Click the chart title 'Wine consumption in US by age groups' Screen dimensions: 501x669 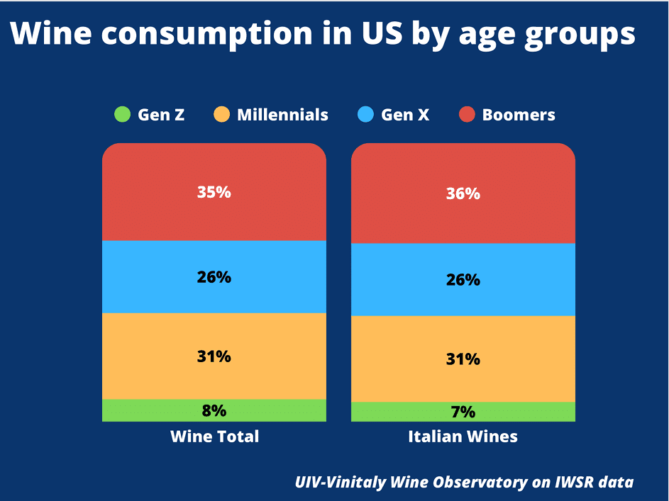[323, 35]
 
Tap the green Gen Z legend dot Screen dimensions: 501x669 [123, 115]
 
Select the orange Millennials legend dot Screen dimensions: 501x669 [222, 115]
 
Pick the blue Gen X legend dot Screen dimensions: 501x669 [366, 115]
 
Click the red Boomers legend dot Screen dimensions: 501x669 [467, 115]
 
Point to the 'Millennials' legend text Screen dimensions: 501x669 [282, 115]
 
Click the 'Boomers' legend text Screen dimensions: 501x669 [519, 115]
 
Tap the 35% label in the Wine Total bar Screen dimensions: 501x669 [214, 191]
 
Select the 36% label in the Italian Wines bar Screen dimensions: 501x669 [463, 193]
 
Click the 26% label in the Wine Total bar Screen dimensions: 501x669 [214, 277]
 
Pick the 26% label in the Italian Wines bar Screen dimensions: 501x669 [463, 280]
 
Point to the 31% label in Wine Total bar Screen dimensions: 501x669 [214, 356]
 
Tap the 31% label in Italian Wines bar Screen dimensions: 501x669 [463, 359]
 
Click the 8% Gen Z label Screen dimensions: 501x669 [214, 410]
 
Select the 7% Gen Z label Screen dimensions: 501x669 [463, 412]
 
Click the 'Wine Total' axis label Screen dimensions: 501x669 [214, 437]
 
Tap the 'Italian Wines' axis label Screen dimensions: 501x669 [463, 437]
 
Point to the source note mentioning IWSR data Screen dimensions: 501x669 [464, 482]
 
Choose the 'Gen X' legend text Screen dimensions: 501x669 [405, 115]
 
